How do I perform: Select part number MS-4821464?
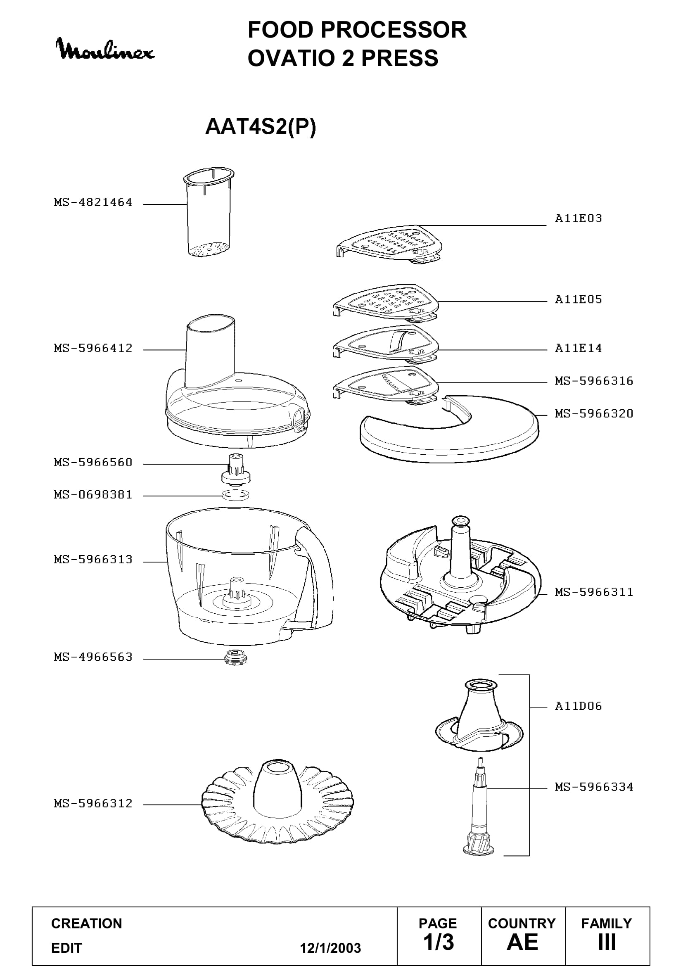pyautogui.click(x=93, y=202)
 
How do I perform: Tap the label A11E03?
pyautogui.click(x=578, y=218)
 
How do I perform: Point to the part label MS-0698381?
pyautogui.click(x=93, y=495)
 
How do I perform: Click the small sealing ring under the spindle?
pyautogui.click(x=235, y=495)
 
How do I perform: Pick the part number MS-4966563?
pyautogui.click(x=93, y=657)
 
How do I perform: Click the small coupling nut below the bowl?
pyautogui.click(x=235, y=657)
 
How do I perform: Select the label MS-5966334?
pyautogui.click(x=594, y=787)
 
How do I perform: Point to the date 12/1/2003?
pyautogui.click(x=330, y=948)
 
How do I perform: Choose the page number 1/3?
pyautogui.click(x=438, y=942)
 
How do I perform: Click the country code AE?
pyautogui.click(x=522, y=942)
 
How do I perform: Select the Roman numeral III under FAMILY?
pyautogui.click(x=607, y=942)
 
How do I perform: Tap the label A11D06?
pyautogui.click(x=578, y=706)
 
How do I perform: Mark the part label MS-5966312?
pyautogui.click(x=93, y=804)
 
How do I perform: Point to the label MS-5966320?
pyautogui.click(x=594, y=413)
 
